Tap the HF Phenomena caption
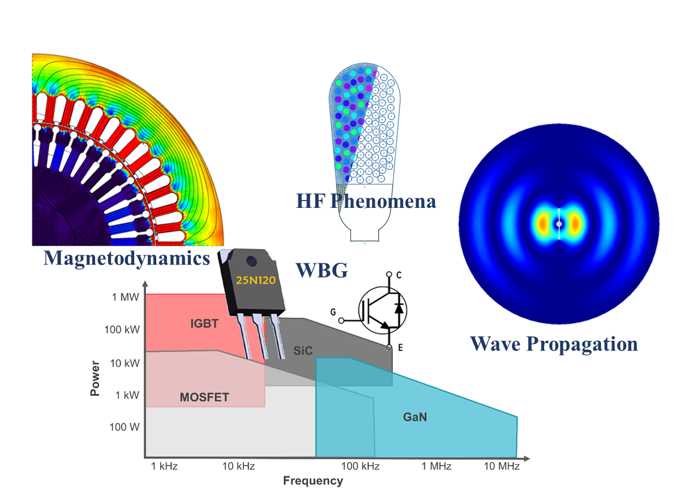point(366,200)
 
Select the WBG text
point(322,270)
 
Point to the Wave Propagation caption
point(554,343)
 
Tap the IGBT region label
point(204,324)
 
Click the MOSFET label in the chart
point(204,398)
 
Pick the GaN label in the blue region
point(415,417)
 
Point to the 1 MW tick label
point(125,297)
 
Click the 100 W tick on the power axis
point(124,427)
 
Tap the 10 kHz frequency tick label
point(238,467)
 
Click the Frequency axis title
point(313,481)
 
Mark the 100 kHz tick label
point(360,467)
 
